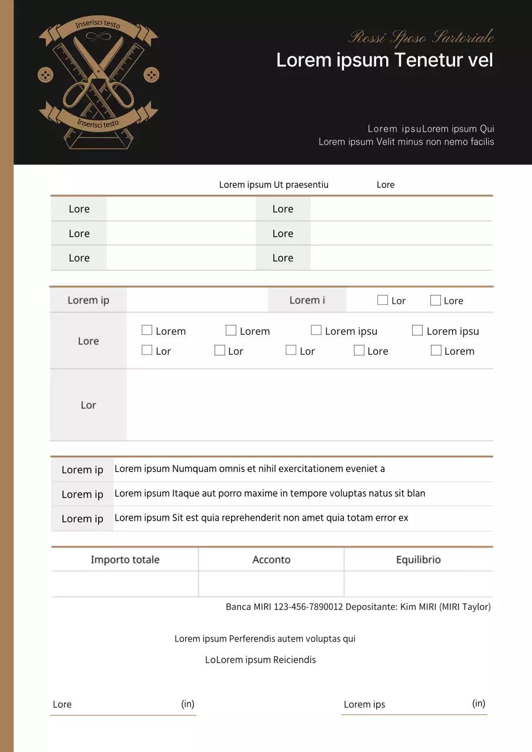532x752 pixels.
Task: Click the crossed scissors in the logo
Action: (98, 73)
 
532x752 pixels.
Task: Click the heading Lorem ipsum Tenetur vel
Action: (384, 60)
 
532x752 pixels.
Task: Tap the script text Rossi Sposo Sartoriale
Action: (421, 38)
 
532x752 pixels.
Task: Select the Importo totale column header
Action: (125, 559)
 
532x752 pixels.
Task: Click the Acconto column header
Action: (271, 559)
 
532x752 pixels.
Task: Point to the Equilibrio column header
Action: (418, 559)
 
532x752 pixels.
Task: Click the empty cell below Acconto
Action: (271, 584)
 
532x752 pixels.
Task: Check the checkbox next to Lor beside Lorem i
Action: (383, 300)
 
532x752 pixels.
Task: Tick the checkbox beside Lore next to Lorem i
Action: (436, 300)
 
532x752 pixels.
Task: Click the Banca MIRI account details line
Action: (358, 606)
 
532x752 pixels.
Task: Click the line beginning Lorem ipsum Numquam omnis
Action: (250, 469)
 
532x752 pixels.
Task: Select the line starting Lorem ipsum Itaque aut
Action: (270, 493)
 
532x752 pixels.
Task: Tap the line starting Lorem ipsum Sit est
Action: (261, 518)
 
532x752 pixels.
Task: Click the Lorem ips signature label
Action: (364, 704)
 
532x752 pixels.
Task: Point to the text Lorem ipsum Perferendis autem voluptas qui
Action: (265, 639)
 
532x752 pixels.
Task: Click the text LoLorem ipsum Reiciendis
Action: (260, 660)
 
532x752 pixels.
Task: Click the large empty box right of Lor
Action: (309, 405)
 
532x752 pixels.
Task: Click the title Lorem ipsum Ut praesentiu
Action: (274, 184)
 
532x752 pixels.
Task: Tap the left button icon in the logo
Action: (45, 75)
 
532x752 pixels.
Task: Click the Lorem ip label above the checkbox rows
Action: (88, 300)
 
